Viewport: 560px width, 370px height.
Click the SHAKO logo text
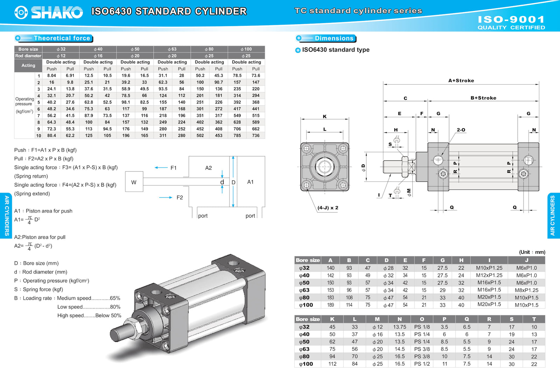click(x=57, y=13)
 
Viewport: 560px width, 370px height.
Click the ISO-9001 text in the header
click(x=511, y=20)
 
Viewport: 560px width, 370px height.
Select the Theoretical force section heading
click(x=62, y=38)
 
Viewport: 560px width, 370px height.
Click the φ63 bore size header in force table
click(x=172, y=49)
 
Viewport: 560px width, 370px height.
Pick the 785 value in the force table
click(x=237, y=136)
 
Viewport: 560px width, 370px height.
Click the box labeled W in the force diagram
click(x=134, y=182)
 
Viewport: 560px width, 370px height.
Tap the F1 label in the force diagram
click(x=174, y=168)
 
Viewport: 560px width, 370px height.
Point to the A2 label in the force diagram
click(x=208, y=168)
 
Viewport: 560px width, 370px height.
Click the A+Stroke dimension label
click(x=461, y=80)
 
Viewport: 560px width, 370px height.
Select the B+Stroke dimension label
click(x=483, y=98)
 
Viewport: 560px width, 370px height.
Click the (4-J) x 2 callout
click(x=328, y=208)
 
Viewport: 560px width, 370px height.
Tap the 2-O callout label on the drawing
click(x=461, y=130)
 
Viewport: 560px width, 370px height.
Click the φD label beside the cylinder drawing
click(x=363, y=168)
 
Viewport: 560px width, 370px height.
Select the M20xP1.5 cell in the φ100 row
click(x=489, y=305)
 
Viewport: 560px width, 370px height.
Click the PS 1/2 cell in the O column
click(x=422, y=364)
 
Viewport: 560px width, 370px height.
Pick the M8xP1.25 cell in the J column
click(x=526, y=290)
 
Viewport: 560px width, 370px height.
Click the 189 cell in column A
click(x=330, y=305)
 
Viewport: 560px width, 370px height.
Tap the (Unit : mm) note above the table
click(x=532, y=252)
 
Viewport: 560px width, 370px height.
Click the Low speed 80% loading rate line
click(x=89, y=307)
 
